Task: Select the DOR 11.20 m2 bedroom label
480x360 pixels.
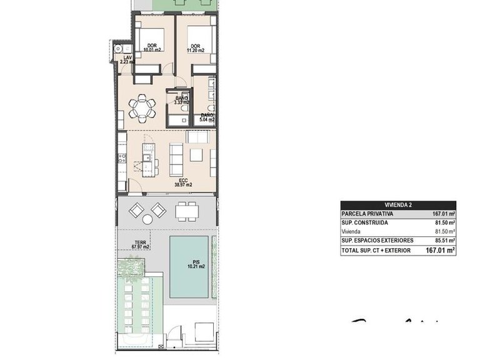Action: [x=196, y=48]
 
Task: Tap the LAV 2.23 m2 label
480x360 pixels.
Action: [x=127, y=59]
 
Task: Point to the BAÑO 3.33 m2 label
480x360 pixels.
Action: [x=182, y=100]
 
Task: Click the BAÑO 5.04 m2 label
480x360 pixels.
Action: [x=207, y=117]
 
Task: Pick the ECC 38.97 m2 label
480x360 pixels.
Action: [x=182, y=182]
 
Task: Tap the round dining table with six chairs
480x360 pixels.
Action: [x=143, y=109]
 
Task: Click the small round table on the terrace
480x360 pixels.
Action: [x=147, y=219]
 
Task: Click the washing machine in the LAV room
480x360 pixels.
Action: [x=118, y=48]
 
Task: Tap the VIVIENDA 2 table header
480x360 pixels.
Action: [x=398, y=205]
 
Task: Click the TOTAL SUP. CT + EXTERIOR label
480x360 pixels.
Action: [x=376, y=250]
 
